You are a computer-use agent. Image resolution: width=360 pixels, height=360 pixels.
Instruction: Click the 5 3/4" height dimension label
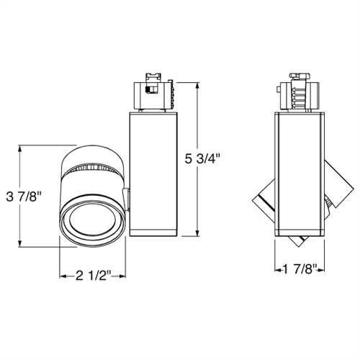(202, 159)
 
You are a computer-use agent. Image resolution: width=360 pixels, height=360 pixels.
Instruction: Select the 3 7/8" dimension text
(24, 197)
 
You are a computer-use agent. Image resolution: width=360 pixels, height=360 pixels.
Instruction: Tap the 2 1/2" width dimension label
(94, 276)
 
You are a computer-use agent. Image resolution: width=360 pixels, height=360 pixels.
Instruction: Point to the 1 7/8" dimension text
(300, 269)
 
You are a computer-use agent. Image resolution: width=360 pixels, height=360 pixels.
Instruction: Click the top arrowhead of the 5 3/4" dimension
(198, 86)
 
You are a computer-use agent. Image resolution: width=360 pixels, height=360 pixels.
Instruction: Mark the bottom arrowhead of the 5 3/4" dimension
(198, 233)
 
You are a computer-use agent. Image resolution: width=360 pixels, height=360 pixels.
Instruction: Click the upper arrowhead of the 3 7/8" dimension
(20, 148)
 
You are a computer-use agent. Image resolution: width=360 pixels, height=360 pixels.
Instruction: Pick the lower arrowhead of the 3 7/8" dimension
(20, 243)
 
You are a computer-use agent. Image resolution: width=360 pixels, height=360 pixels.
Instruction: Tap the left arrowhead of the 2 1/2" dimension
(63, 276)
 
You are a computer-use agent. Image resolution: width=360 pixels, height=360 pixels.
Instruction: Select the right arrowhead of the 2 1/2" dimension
(122, 276)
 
